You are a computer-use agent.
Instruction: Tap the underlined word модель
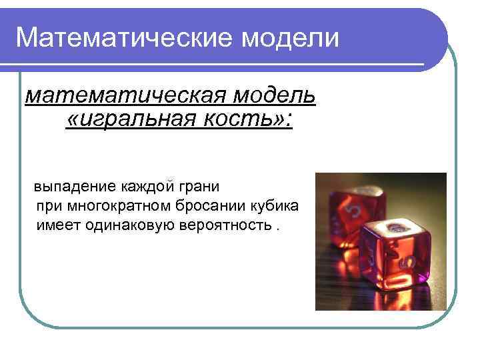pos(275,97)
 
